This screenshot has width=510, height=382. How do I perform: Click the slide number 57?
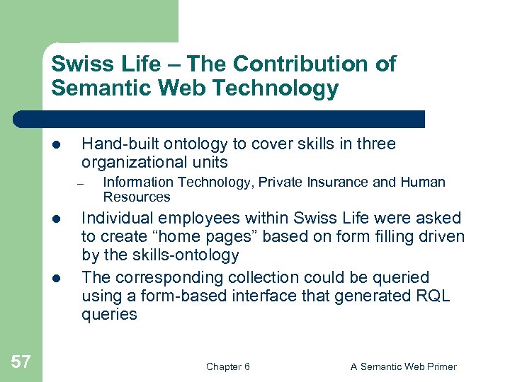tap(21, 363)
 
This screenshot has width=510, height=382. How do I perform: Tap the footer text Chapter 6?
tap(227, 366)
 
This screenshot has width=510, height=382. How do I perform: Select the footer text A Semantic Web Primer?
tap(404, 366)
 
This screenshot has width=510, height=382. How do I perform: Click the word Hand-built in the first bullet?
tap(117, 144)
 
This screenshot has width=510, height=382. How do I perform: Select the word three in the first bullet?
tap(375, 144)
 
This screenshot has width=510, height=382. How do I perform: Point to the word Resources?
tap(137, 197)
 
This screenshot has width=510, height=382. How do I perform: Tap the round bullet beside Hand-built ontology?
tap(56, 145)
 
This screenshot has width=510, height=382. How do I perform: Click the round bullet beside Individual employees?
tap(56, 219)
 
